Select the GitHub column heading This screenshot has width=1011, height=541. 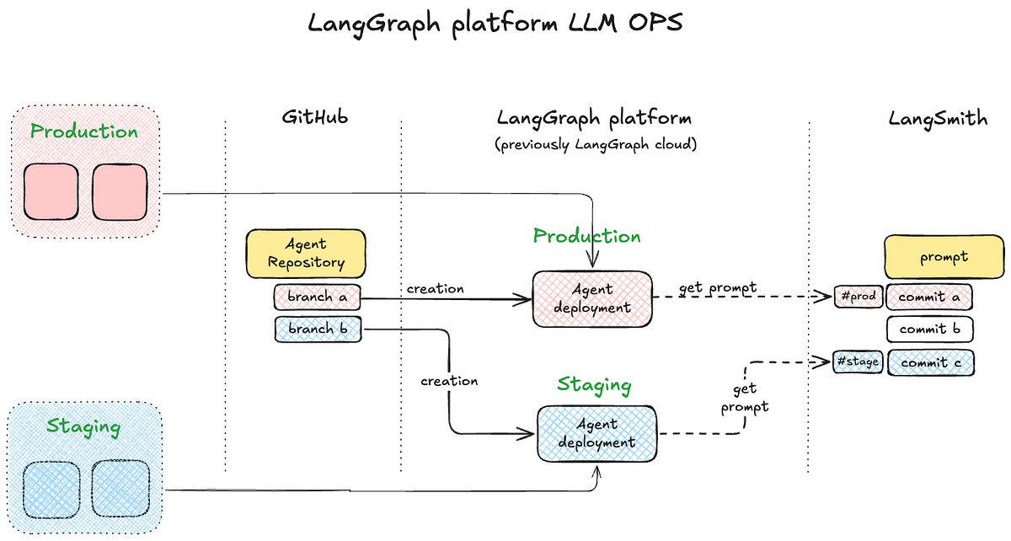point(314,118)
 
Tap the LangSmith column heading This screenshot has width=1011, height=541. point(938,118)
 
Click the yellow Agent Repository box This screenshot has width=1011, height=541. point(306,253)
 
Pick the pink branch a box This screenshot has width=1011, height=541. point(317,297)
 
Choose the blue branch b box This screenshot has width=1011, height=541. point(317,329)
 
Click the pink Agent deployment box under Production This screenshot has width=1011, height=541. point(592,299)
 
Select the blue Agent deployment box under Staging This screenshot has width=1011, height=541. point(596,433)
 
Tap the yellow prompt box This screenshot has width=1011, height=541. point(944,257)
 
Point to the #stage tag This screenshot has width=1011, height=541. point(857,362)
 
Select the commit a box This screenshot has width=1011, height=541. point(929,297)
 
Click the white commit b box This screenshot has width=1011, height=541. point(929,329)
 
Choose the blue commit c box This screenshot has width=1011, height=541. point(929,362)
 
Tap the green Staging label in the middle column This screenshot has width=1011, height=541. point(594,386)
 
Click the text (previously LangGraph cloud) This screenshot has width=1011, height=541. point(596,144)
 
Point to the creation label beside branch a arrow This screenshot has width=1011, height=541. point(435,289)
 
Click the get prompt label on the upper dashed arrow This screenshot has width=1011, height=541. point(718,288)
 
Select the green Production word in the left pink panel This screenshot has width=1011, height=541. point(83,131)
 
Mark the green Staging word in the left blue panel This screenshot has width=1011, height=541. point(83,426)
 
